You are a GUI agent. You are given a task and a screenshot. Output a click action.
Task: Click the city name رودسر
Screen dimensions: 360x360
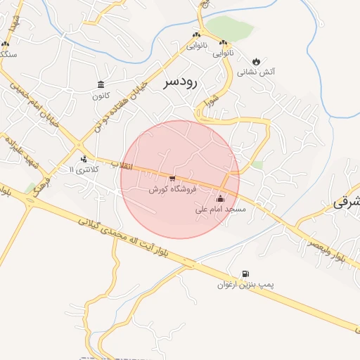coord(181,82)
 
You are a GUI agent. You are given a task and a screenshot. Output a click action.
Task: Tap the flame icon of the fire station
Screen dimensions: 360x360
coord(255,60)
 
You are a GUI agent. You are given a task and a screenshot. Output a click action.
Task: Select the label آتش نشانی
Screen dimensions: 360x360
coord(255,72)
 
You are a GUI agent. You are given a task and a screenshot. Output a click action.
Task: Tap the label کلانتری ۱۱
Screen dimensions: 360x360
coord(85,169)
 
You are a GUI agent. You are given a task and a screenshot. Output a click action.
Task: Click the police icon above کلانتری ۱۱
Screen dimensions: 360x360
coord(84,159)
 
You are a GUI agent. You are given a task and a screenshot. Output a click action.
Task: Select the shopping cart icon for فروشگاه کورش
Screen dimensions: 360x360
coord(172,179)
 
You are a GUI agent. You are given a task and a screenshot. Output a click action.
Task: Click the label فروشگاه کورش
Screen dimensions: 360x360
coord(172,189)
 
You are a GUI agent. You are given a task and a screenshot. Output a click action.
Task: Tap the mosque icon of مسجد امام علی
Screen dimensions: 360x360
coord(220,198)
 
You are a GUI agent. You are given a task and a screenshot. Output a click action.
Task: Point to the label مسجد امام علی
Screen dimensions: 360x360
coord(220,210)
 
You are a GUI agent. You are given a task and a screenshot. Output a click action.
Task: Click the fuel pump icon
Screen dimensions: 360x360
coord(245,274)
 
